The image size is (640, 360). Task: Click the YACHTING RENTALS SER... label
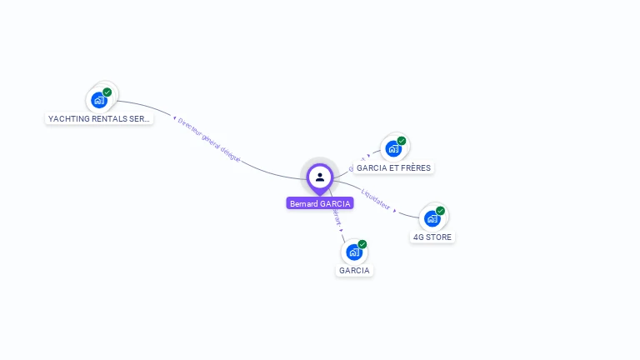(x=99, y=119)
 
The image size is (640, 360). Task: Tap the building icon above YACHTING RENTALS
(x=99, y=101)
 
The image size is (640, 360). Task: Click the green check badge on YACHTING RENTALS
(x=107, y=92)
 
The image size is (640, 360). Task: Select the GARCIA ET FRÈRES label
(x=393, y=167)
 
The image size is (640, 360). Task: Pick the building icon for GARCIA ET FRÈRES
(x=393, y=149)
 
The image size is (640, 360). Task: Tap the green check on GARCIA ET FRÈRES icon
(x=402, y=141)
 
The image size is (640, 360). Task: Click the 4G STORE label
(x=432, y=237)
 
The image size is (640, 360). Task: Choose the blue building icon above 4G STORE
(x=432, y=219)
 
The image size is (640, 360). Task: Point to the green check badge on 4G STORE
(x=440, y=211)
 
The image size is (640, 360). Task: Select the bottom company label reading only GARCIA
(x=354, y=270)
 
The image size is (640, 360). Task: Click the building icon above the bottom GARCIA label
(x=354, y=252)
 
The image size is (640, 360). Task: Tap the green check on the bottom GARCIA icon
(x=362, y=244)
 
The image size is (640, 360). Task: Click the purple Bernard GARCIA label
(x=320, y=203)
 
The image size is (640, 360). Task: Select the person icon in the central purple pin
(x=320, y=177)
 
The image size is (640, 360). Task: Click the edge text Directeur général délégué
(x=208, y=139)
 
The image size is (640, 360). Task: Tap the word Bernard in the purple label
(x=303, y=203)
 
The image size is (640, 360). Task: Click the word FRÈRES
(x=415, y=167)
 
